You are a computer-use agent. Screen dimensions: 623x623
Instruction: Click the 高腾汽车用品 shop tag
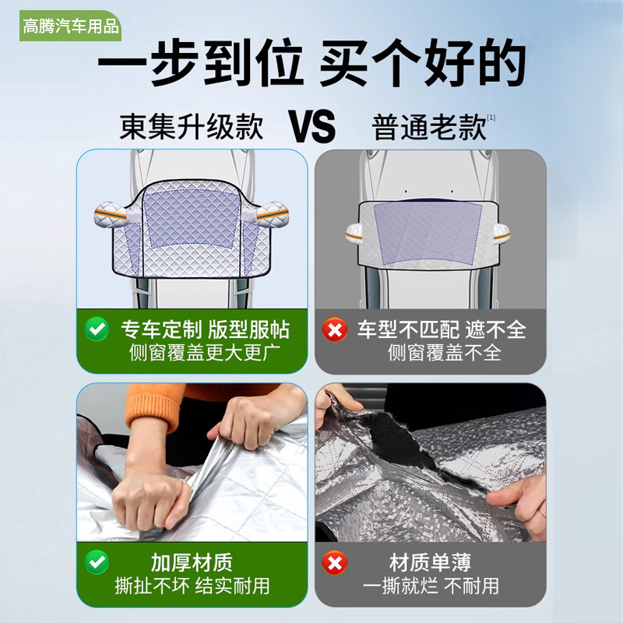(71, 26)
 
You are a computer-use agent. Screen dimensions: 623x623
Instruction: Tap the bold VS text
(311, 125)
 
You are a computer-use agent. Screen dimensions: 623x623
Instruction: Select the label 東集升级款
(192, 126)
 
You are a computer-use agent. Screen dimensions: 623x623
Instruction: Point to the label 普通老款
(429, 127)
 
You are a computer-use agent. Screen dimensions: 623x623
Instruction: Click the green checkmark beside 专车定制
(97, 330)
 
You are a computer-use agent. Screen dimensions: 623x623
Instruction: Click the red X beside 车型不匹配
(335, 330)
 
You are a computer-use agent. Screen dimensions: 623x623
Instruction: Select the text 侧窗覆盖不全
(445, 353)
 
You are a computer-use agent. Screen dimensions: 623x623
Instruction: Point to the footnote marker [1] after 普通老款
(491, 118)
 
